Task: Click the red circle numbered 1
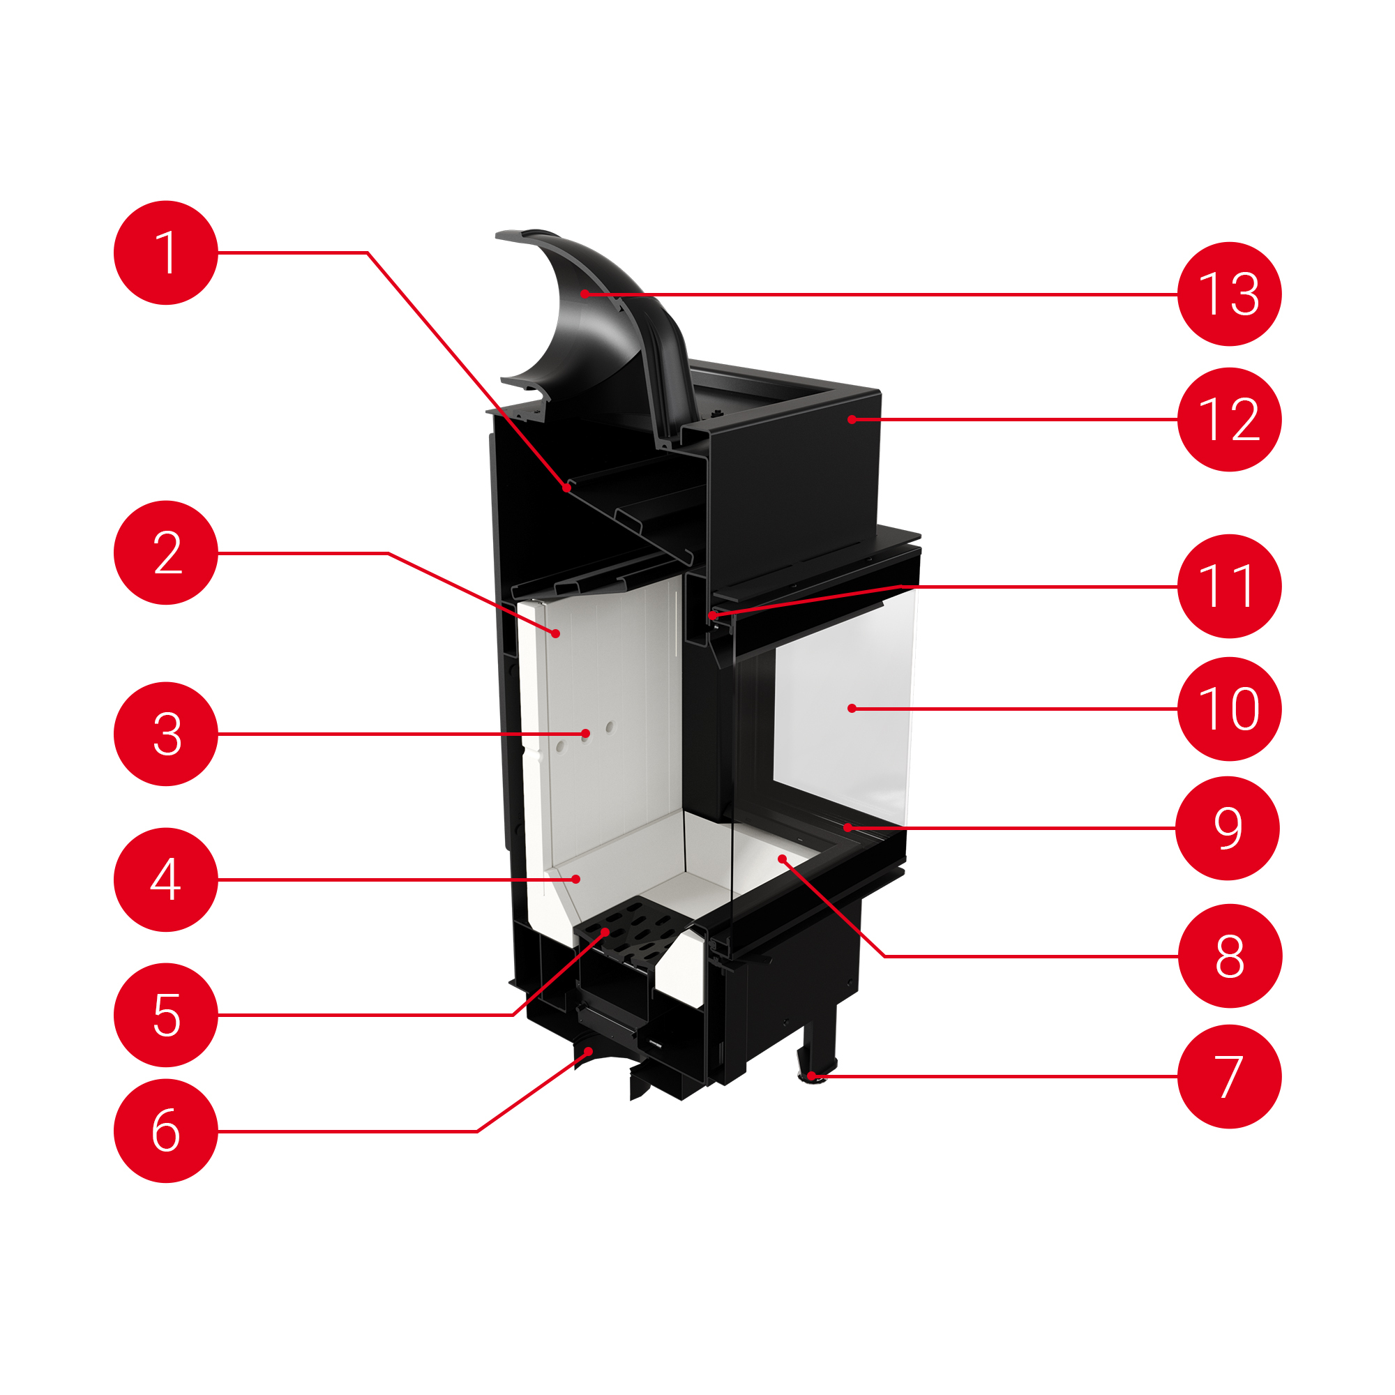click(x=165, y=252)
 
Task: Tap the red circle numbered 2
click(x=165, y=553)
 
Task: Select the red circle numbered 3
click(x=165, y=734)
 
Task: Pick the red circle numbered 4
click(x=165, y=880)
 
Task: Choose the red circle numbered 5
click(x=165, y=1014)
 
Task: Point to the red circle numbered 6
click(x=165, y=1131)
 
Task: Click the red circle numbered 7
click(x=1229, y=1076)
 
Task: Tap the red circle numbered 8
click(x=1229, y=956)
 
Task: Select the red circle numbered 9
click(x=1228, y=828)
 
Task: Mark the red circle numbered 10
click(x=1229, y=709)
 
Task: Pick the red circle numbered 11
click(x=1229, y=587)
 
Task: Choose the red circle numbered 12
click(x=1229, y=419)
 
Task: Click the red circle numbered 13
click(x=1229, y=294)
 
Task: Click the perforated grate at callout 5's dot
click(x=605, y=932)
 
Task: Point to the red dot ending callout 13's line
click(x=584, y=294)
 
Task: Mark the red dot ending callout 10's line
click(x=852, y=709)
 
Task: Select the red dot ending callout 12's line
click(x=852, y=419)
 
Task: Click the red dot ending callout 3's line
click(x=586, y=734)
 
